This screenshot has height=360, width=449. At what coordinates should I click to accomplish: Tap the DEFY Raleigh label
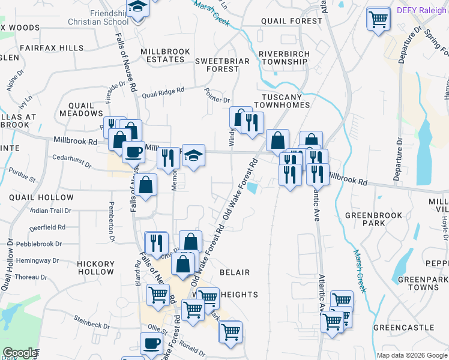[x=423, y=11]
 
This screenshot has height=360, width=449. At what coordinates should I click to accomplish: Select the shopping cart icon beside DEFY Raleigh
[x=378, y=20]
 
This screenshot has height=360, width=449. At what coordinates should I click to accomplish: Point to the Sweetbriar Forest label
[x=217, y=65]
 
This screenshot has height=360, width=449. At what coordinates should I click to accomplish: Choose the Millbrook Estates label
[x=166, y=56]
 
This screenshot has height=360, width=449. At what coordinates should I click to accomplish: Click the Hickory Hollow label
[x=95, y=268]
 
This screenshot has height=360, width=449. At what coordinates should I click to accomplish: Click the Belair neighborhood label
[x=234, y=272]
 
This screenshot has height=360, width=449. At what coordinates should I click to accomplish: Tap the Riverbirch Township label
[x=283, y=58]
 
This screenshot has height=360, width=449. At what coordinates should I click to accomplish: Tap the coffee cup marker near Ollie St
[x=151, y=344]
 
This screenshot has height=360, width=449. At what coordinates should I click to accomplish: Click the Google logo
[x=20, y=353]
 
